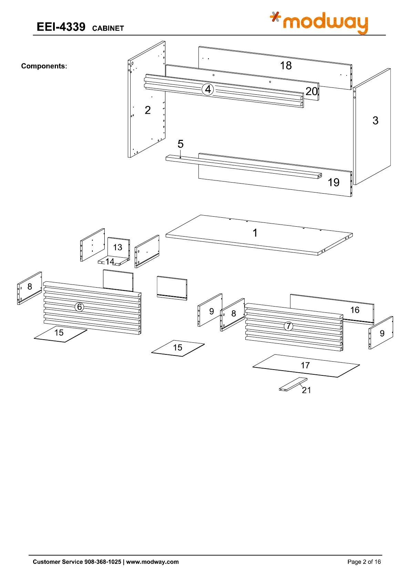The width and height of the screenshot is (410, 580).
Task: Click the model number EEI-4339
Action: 61,27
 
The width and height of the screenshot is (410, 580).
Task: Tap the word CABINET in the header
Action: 108,29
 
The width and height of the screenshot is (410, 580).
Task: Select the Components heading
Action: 44,66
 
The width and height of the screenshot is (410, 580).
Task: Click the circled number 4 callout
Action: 208,90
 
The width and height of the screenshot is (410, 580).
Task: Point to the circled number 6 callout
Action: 80,307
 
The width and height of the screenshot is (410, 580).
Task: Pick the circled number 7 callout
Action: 288,326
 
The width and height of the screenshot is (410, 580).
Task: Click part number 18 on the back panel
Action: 286,65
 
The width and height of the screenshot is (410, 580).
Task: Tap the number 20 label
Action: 311,91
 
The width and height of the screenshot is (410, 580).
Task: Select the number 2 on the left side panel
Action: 147,110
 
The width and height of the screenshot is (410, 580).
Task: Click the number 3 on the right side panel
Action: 375,121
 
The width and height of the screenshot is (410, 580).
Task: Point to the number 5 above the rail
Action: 181,144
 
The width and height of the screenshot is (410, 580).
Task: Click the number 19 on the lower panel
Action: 333,183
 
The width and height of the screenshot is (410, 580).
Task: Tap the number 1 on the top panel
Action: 255,233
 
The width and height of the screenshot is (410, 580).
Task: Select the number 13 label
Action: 117,247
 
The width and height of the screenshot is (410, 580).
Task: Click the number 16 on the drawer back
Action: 355,310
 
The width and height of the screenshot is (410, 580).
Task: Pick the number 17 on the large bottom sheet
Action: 305,365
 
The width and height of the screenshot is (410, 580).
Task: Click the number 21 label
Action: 306,390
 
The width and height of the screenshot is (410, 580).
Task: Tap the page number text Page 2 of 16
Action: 364,562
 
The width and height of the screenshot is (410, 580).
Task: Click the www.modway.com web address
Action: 152,562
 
